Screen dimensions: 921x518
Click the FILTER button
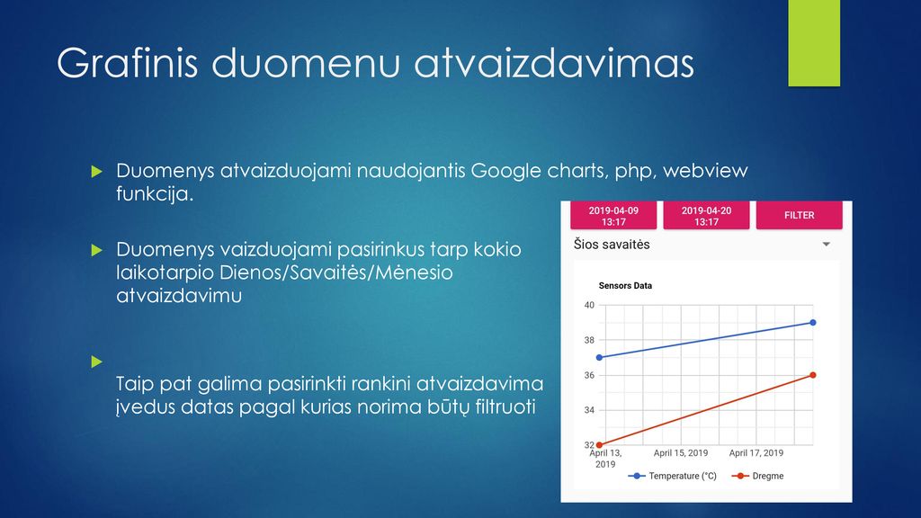(799, 215)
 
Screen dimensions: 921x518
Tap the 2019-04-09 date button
(613, 215)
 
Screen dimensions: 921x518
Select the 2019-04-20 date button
(706, 215)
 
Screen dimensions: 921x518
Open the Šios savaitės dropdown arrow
(826, 245)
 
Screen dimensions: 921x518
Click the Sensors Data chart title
(625, 286)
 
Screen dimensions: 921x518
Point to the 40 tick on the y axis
(589, 305)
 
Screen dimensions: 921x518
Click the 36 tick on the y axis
(589, 375)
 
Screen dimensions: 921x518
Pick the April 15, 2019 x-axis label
(681, 453)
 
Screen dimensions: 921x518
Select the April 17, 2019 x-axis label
(756, 453)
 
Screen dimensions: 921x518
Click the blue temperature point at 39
(813, 323)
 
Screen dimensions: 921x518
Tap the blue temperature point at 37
(599, 357)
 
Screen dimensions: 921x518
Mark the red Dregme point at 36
(813, 375)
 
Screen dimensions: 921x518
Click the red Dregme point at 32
(599, 444)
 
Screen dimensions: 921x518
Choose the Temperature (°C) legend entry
(673, 476)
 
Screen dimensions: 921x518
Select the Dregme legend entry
(757, 476)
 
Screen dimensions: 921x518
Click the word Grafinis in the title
(128, 62)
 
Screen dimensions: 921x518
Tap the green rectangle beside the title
(814, 43)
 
